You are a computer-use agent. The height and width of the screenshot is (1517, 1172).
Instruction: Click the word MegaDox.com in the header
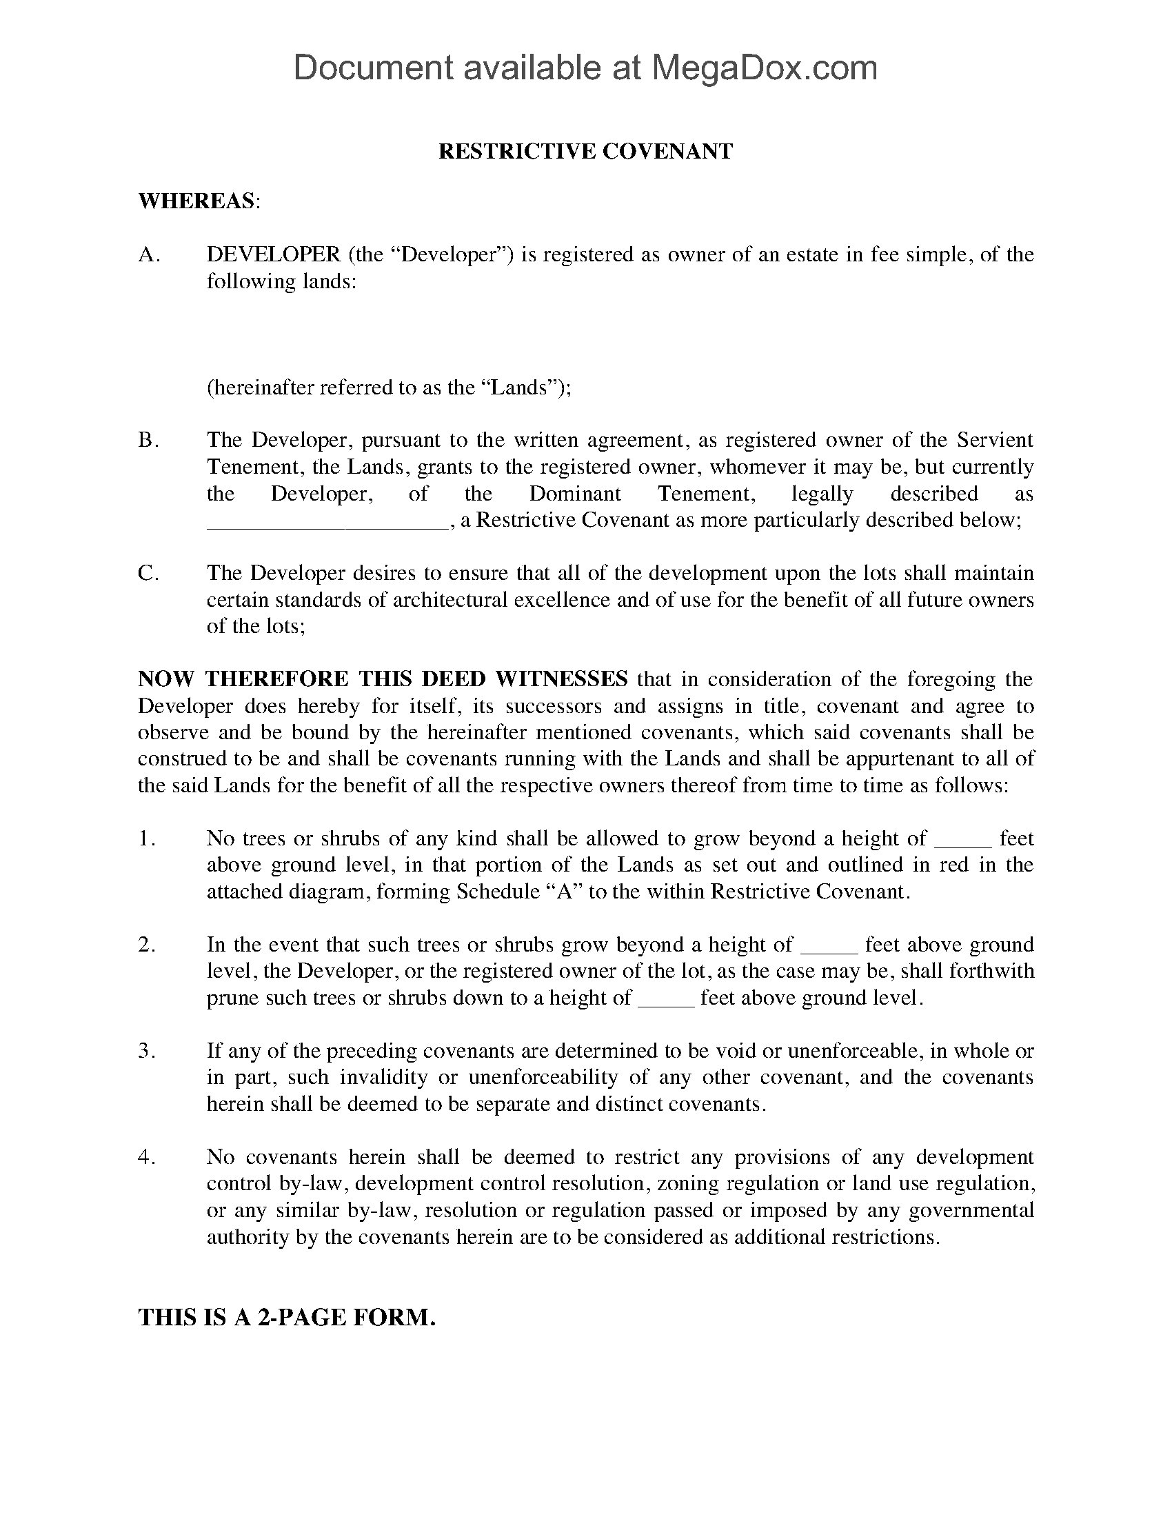763,68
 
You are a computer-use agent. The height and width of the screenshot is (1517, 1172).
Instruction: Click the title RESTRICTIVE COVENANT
585,152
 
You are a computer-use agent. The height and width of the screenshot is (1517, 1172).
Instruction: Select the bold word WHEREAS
196,201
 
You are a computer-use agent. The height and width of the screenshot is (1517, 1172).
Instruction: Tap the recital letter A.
149,255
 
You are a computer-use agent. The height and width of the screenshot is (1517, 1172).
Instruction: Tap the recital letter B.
149,441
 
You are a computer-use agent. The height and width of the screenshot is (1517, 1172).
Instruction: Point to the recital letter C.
149,573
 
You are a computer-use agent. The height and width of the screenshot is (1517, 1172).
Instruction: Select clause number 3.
145,1051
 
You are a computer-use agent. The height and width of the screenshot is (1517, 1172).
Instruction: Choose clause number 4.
145,1157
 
